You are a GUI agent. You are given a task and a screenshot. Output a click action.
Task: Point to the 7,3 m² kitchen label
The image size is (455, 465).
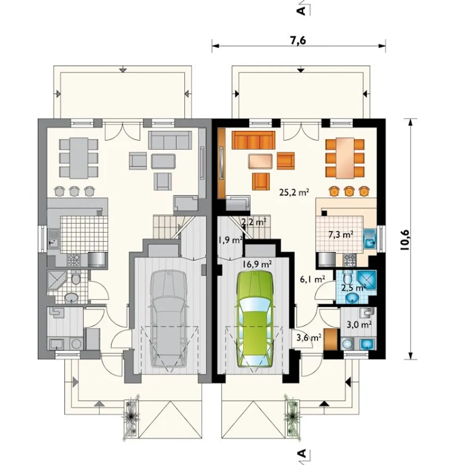click(x=341, y=235)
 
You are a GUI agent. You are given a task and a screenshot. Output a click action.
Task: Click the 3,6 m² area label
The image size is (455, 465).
click(x=309, y=338)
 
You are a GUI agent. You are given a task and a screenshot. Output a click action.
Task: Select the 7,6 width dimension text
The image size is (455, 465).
click(x=298, y=40)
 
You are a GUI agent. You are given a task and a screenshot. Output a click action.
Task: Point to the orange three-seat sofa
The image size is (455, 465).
click(x=253, y=140)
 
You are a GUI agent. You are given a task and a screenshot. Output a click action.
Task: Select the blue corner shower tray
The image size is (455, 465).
click(x=368, y=280)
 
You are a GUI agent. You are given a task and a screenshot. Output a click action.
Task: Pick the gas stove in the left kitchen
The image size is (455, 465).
click(x=74, y=260)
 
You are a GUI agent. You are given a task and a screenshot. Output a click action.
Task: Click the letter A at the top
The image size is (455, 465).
click(x=302, y=11)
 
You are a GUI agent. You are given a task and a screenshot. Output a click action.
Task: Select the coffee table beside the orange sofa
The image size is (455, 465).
click(x=260, y=162)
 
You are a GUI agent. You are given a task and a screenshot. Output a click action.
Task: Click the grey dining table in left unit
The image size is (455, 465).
click(x=79, y=158)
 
